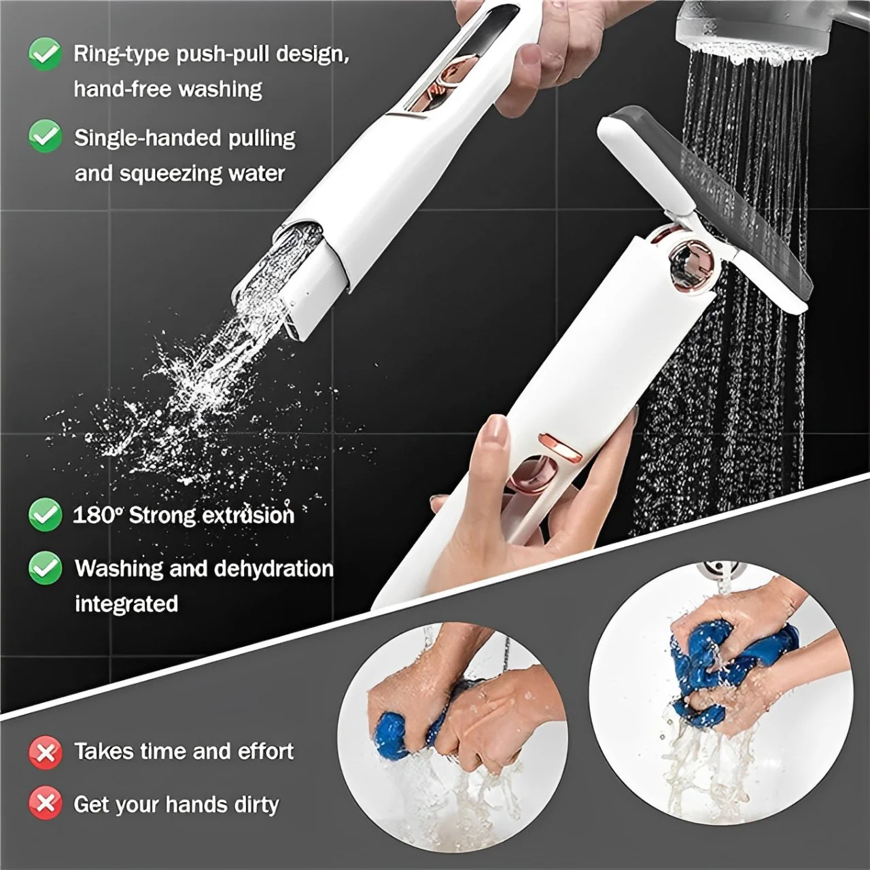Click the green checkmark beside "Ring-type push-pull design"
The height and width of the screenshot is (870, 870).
[45, 54]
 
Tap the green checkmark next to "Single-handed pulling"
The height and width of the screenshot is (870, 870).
[45, 137]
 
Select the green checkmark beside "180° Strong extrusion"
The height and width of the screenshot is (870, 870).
[45, 515]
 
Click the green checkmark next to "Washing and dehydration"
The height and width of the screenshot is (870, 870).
[45, 568]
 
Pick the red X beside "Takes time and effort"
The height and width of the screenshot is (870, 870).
[45, 752]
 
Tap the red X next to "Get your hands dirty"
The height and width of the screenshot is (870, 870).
[45, 804]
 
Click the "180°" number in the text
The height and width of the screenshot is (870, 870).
[97, 515]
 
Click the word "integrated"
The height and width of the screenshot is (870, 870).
[126, 604]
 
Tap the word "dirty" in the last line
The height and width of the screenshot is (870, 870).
[256, 805]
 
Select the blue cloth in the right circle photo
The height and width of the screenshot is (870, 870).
[734, 666]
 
